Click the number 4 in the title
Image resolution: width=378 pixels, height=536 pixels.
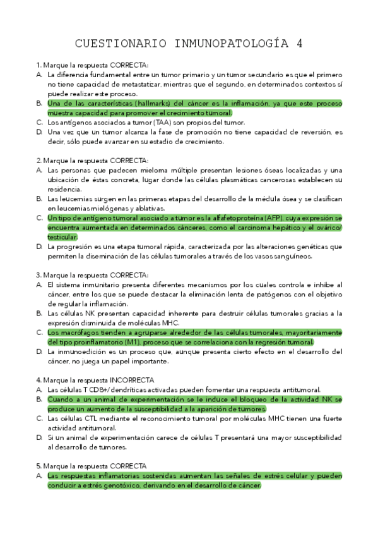click(299, 44)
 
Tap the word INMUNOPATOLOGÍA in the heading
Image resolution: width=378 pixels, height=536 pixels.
click(225, 44)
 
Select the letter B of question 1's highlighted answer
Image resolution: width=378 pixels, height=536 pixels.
click(39, 103)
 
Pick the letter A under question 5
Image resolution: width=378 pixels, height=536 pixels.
click(39, 476)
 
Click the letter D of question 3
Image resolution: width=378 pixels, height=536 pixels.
click(39, 351)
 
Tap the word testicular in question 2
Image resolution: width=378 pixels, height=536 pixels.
click(62, 237)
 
